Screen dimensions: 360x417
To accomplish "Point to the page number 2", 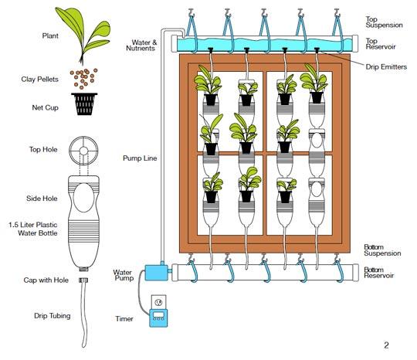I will [x=386, y=345].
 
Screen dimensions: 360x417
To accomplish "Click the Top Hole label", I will [x=43, y=149].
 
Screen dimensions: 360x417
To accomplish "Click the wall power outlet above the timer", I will [x=159, y=301].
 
